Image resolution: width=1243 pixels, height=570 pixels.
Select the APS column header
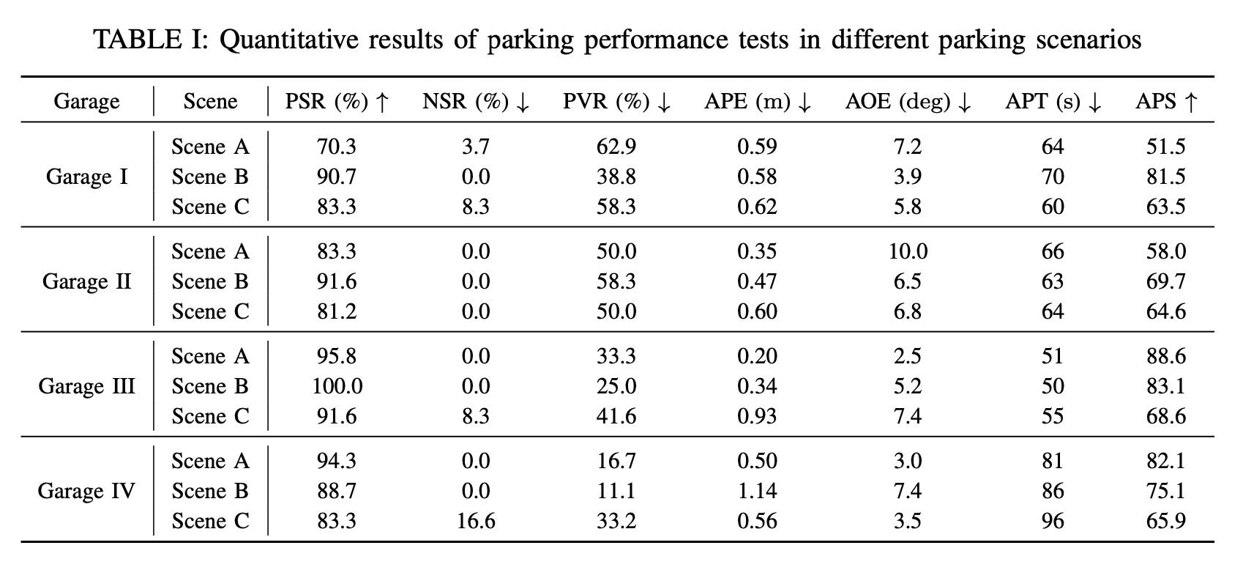tap(1165, 101)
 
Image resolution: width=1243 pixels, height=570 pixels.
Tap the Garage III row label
tap(86, 386)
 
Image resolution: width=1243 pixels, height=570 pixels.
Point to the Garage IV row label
tap(86, 491)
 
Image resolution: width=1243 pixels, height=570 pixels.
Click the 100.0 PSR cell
tap(337, 386)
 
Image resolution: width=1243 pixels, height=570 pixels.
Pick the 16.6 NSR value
tap(475, 521)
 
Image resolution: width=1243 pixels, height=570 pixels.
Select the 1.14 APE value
tap(756, 491)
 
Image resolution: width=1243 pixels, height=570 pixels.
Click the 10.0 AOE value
tap(908, 251)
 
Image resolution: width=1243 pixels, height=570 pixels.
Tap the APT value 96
tap(1052, 521)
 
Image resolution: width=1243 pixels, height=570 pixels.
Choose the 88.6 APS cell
tap(1165, 356)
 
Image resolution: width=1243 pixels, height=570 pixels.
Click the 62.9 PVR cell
tap(616, 147)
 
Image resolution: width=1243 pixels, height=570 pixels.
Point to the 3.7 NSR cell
tap(475, 147)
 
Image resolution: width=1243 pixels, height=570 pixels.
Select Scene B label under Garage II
tap(210, 281)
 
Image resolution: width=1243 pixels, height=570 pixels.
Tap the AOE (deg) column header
tap(908, 101)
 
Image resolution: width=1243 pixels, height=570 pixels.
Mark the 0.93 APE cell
tap(756, 416)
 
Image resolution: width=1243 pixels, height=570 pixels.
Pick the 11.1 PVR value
tap(616, 491)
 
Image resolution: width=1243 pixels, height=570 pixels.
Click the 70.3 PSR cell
tap(337, 147)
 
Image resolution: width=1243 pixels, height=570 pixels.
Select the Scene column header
tap(210, 101)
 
